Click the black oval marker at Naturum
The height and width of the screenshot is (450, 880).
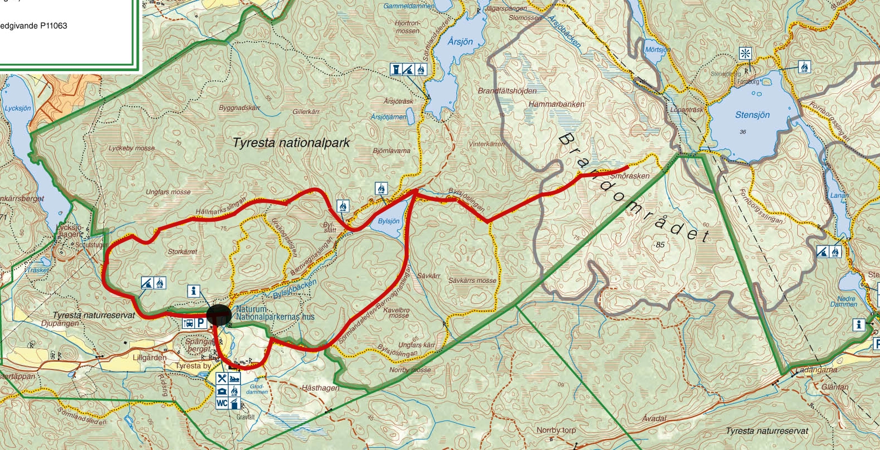point(219,314)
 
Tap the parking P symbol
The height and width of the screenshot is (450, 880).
point(200,323)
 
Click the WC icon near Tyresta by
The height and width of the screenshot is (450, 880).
point(222,403)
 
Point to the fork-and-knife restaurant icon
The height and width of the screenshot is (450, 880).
point(222,379)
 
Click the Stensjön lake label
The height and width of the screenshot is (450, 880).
point(752,114)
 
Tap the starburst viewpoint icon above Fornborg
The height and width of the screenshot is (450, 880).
point(745,54)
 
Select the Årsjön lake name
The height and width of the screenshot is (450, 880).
point(460,42)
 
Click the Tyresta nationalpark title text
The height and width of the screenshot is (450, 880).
point(291,143)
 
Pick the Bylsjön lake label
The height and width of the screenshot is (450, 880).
point(389,221)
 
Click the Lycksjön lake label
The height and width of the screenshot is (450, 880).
point(18,108)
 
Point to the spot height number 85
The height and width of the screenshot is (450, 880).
point(660,244)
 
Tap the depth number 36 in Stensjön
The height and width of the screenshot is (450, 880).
point(743,132)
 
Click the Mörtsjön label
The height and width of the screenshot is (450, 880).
point(657,49)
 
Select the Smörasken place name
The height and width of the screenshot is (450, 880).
point(630,176)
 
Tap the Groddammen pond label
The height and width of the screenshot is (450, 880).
point(257,389)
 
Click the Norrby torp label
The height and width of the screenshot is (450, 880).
point(556,430)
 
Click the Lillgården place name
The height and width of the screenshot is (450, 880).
point(149,357)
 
